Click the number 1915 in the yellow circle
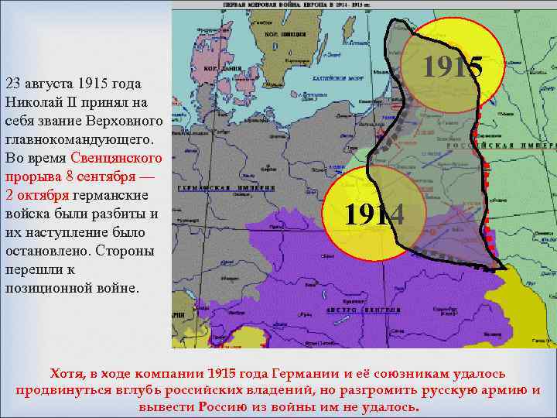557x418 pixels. click(453, 68)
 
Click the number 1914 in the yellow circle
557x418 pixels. click(374, 214)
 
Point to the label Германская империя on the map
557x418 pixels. click(226, 188)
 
